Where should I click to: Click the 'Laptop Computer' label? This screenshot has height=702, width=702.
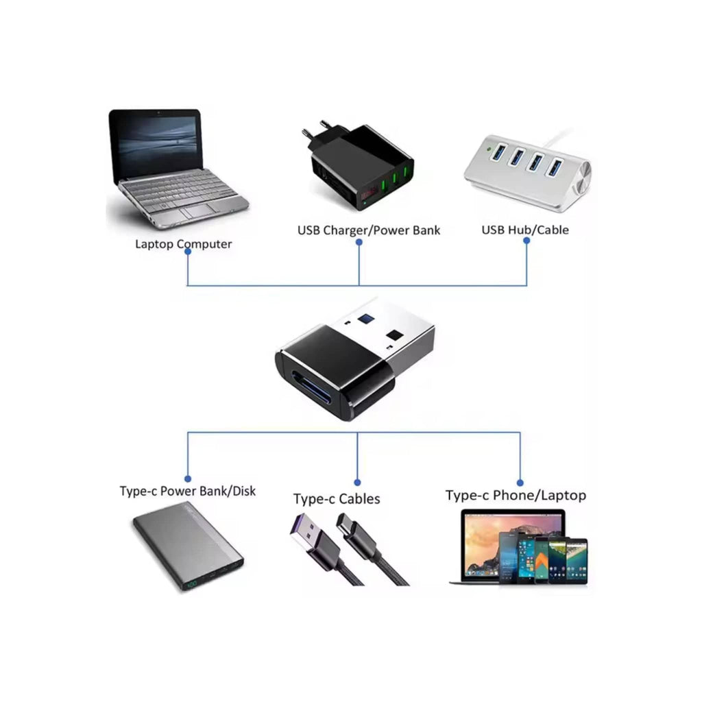coord(183,243)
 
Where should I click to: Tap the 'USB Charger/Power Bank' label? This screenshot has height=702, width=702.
coord(369,230)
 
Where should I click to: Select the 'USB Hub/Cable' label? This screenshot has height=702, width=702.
coord(524,230)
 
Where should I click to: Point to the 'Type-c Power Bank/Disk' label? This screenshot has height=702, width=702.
coord(187,491)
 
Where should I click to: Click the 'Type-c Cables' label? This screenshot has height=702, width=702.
coord(337,499)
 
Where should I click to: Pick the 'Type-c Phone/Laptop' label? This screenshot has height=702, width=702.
coord(516,495)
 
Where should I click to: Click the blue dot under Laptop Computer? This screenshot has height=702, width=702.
coord(188,252)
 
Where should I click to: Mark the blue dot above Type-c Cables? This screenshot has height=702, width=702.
coord(357,483)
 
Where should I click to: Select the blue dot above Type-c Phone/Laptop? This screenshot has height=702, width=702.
coord(520,483)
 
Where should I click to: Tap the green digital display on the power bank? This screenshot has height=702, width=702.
coord(191,585)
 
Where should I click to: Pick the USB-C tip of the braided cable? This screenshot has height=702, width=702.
coord(348,526)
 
